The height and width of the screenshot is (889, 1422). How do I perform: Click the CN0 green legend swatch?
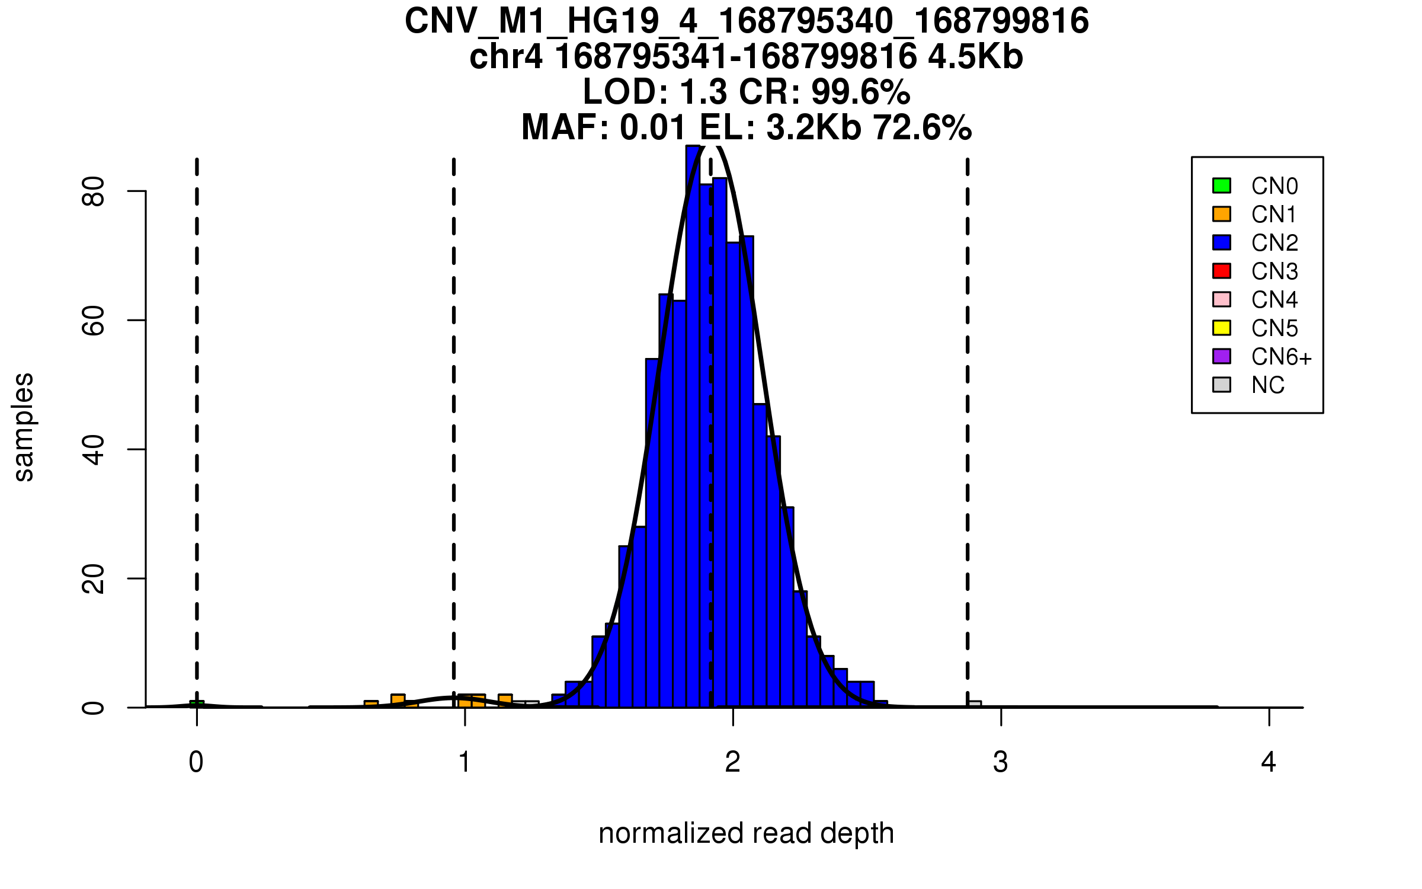click(x=1222, y=186)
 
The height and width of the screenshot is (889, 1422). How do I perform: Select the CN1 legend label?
click(x=1274, y=215)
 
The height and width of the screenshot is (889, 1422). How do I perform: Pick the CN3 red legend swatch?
click(x=1222, y=271)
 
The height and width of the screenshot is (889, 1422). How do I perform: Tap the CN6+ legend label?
click(x=1282, y=357)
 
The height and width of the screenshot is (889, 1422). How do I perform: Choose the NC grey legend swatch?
click(x=1222, y=385)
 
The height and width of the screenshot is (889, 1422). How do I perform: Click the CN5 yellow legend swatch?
click(x=1222, y=328)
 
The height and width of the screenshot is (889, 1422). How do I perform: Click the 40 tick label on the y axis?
click(x=94, y=449)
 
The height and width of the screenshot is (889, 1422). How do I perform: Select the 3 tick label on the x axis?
click(x=1001, y=762)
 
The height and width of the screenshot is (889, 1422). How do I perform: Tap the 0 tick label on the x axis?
click(x=196, y=762)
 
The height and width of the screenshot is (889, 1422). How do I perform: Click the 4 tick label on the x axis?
click(x=1269, y=762)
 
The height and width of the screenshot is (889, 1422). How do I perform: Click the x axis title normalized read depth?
click(x=746, y=833)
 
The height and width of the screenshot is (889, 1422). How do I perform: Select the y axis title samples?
click(x=24, y=427)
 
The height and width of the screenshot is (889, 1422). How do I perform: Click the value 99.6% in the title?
click(x=860, y=92)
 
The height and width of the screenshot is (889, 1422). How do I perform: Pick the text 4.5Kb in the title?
click(x=975, y=57)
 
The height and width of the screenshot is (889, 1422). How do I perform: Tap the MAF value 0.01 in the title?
click(x=653, y=127)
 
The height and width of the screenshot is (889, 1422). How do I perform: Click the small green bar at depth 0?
click(x=197, y=704)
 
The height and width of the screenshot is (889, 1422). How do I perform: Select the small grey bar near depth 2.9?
click(x=975, y=704)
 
